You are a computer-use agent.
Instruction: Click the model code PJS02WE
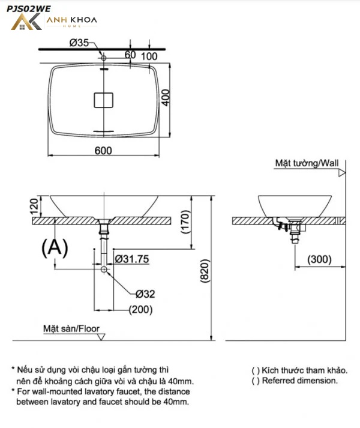(x=28, y=9)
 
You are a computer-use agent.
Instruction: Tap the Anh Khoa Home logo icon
(x=26, y=22)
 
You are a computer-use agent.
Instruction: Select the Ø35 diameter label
(x=79, y=43)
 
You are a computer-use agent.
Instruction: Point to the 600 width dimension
(x=103, y=151)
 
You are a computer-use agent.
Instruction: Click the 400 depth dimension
(x=166, y=97)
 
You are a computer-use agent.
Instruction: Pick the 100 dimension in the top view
(x=149, y=56)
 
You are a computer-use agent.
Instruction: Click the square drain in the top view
(x=104, y=100)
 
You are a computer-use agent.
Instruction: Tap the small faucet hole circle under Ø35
(x=104, y=58)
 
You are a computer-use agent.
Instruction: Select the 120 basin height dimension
(x=34, y=207)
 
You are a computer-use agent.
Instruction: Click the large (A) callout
(x=55, y=247)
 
